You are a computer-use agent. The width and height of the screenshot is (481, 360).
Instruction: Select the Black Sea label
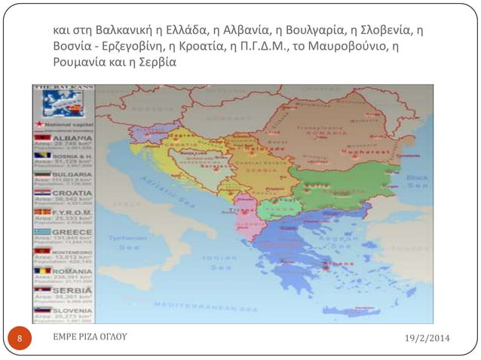pyautogui.click(x=416, y=181)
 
